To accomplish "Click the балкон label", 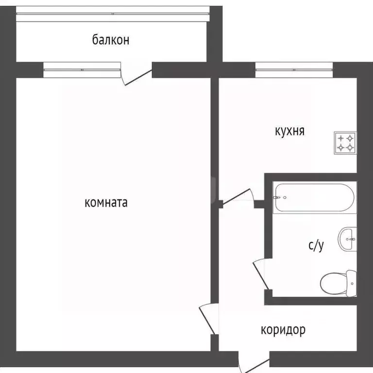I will pyautogui.click(x=111, y=40).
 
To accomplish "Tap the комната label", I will pyautogui.click(x=106, y=203).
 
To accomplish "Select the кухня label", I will pyautogui.click(x=289, y=131).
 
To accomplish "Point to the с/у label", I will pyautogui.click(x=316, y=246).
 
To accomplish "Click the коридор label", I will pyautogui.click(x=283, y=330).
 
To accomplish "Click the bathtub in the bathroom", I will pyautogui.click(x=314, y=197).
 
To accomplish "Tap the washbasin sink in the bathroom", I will pyautogui.click(x=348, y=238).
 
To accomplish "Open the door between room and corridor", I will pyautogui.click(x=208, y=319).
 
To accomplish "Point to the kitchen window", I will pyautogui.click(x=294, y=70).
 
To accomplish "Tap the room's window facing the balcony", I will pyautogui.click(x=82, y=69).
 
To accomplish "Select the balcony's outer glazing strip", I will pyautogui.click(x=112, y=14).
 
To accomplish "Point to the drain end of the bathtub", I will pyautogui.click(x=279, y=198).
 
